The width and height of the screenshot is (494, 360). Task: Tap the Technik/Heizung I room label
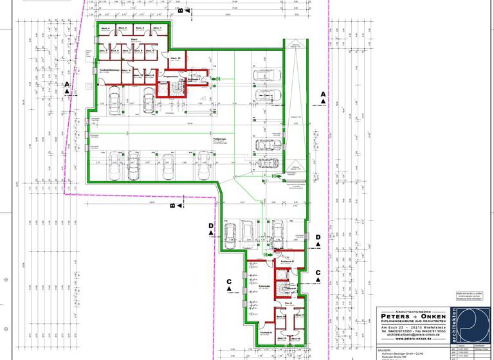pyautogui.click(x=111, y=70)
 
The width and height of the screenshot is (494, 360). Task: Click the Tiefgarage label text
pyautogui.click(x=222, y=138)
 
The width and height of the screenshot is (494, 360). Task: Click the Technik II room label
pyautogui.click(x=267, y=332)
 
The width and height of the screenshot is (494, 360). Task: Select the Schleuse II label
pyautogui.click(x=287, y=262)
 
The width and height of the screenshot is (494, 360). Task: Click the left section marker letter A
pyautogui.click(x=66, y=84)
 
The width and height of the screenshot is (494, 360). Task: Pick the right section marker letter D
pyautogui.click(x=317, y=237)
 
